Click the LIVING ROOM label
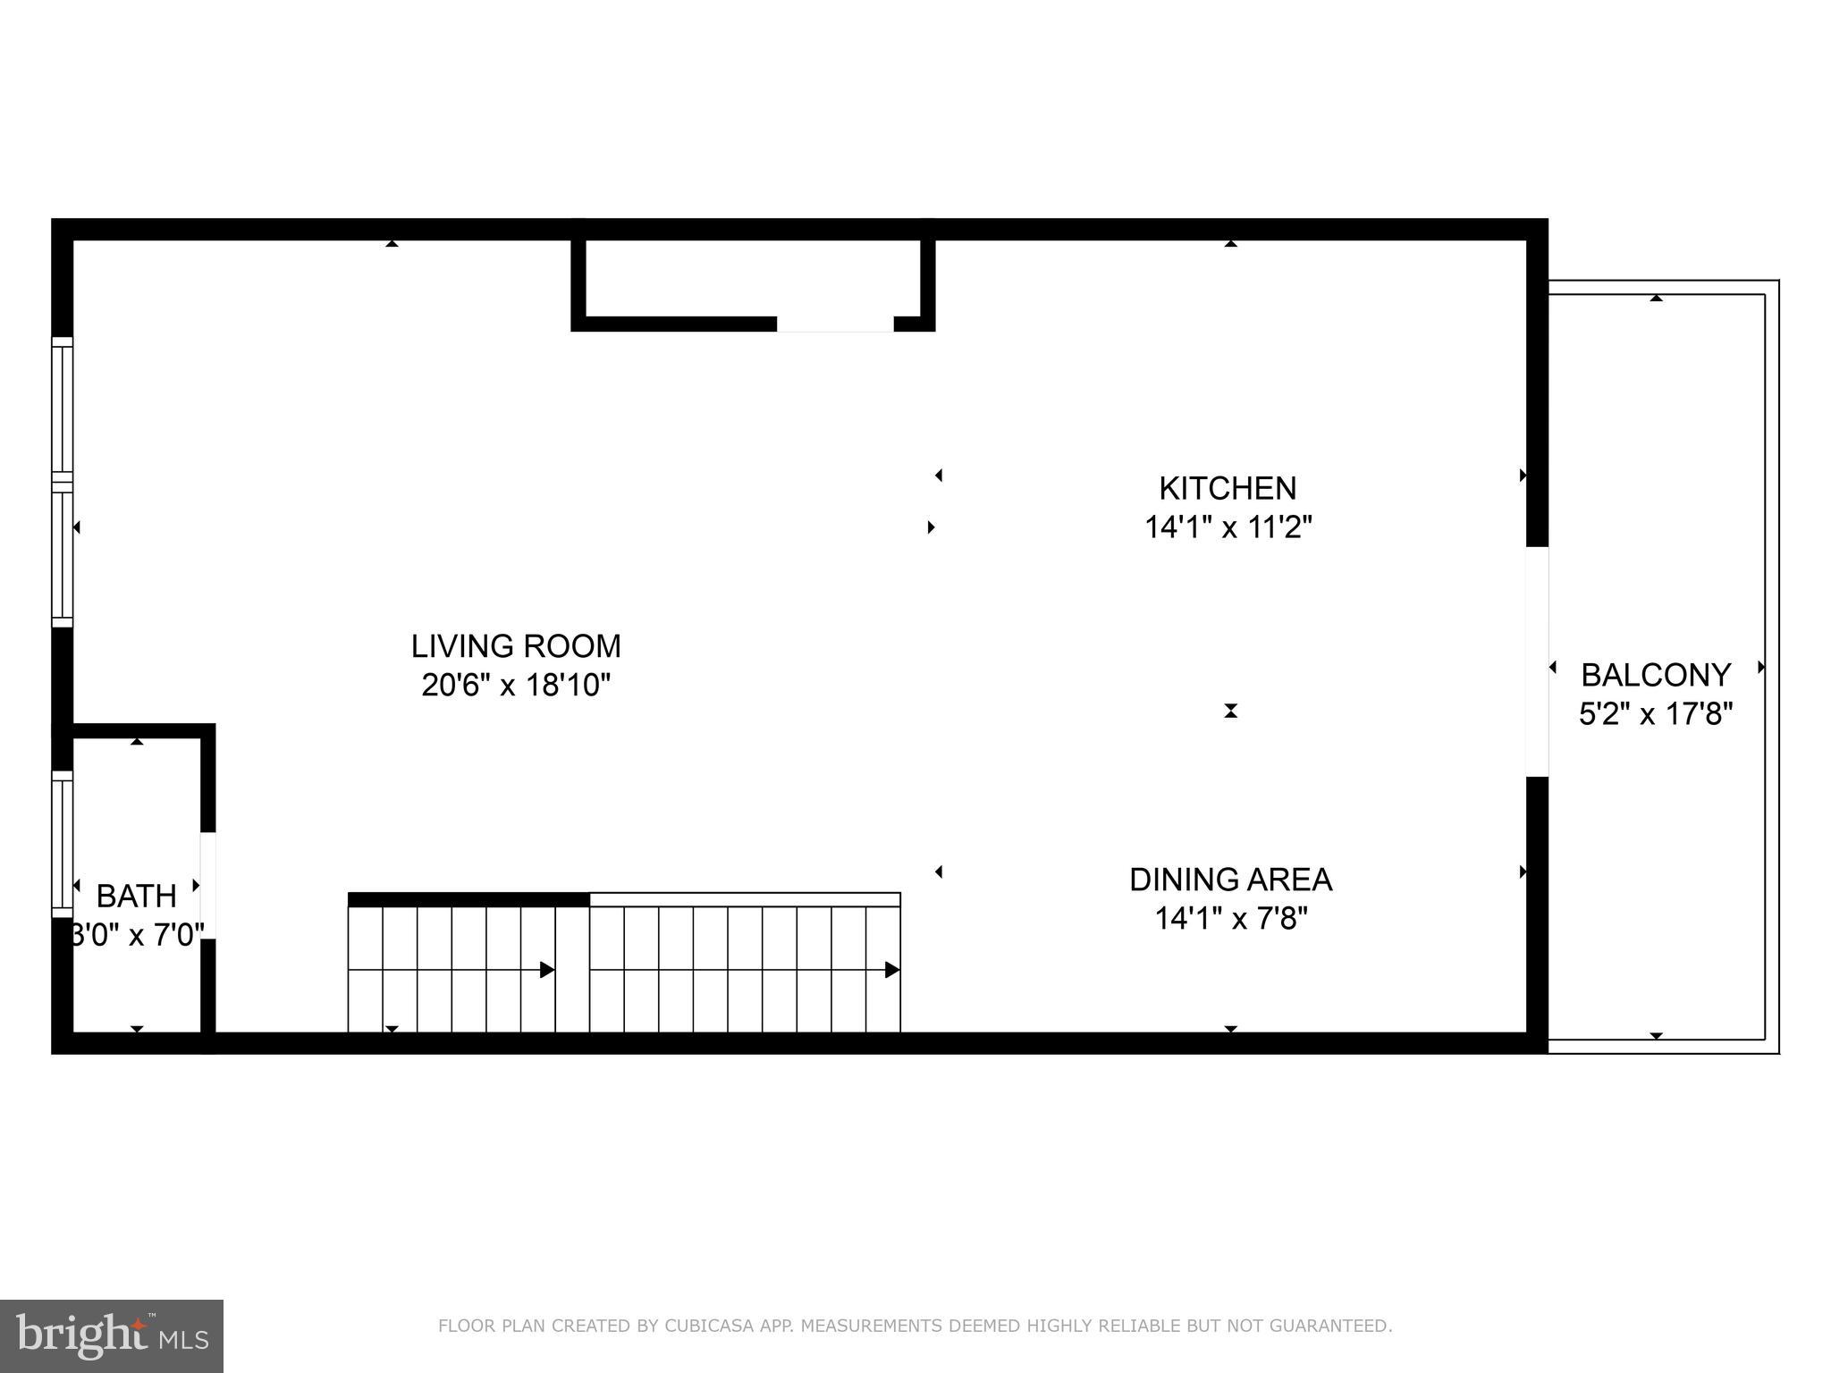click(516, 645)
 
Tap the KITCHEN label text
click(1228, 488)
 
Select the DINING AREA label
click(1230, 880)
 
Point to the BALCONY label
click(1656, 674)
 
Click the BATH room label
click(136, 895)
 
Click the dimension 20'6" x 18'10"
click(516, 686)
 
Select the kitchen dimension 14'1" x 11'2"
click(1228, 527)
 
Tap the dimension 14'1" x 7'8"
click(1230, 918)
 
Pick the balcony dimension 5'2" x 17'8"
click(1656, 714)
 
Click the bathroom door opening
click(207, 885)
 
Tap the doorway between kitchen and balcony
click(1536, 661)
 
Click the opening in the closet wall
click(834, 324)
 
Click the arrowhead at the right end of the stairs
click(891, 970)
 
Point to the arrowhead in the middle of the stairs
click(547, 970)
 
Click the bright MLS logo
click(111, 1335)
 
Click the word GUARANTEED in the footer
click(1339, 1326)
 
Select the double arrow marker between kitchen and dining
click(1230, 711)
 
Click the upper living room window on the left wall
click(62, 409)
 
